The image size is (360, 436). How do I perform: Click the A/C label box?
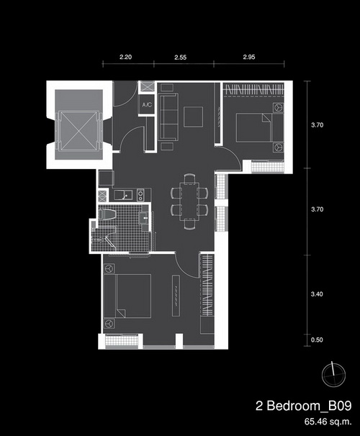(146, 104)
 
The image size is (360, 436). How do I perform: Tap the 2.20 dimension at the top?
(126, 57)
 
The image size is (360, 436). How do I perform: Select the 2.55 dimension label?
(181, 58)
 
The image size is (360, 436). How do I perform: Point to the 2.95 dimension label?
(249, 57)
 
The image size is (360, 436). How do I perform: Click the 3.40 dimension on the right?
(317, 294)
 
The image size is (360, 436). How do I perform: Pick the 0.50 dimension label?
(317, 340)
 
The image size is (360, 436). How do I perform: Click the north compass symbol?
(333, 374)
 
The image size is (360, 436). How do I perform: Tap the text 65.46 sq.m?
(328, 422)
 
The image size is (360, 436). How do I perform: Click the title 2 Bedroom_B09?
(304, 406)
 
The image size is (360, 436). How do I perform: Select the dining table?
(189, 201)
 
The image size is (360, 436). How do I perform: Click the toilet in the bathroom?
(107, 215)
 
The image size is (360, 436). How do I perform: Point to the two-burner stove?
(140, 194)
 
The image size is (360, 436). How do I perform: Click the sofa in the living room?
(168, 117)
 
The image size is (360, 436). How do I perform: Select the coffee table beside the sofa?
(194, 117)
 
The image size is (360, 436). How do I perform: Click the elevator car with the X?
(78, 131)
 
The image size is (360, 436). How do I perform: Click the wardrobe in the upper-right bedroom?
(253, 89)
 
